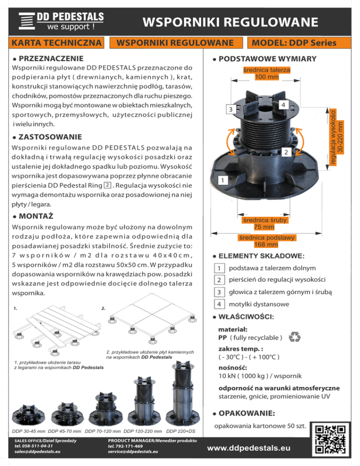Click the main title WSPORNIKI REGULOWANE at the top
230,22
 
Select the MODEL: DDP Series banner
292,43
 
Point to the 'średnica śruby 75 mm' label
264,223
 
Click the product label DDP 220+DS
181,430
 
